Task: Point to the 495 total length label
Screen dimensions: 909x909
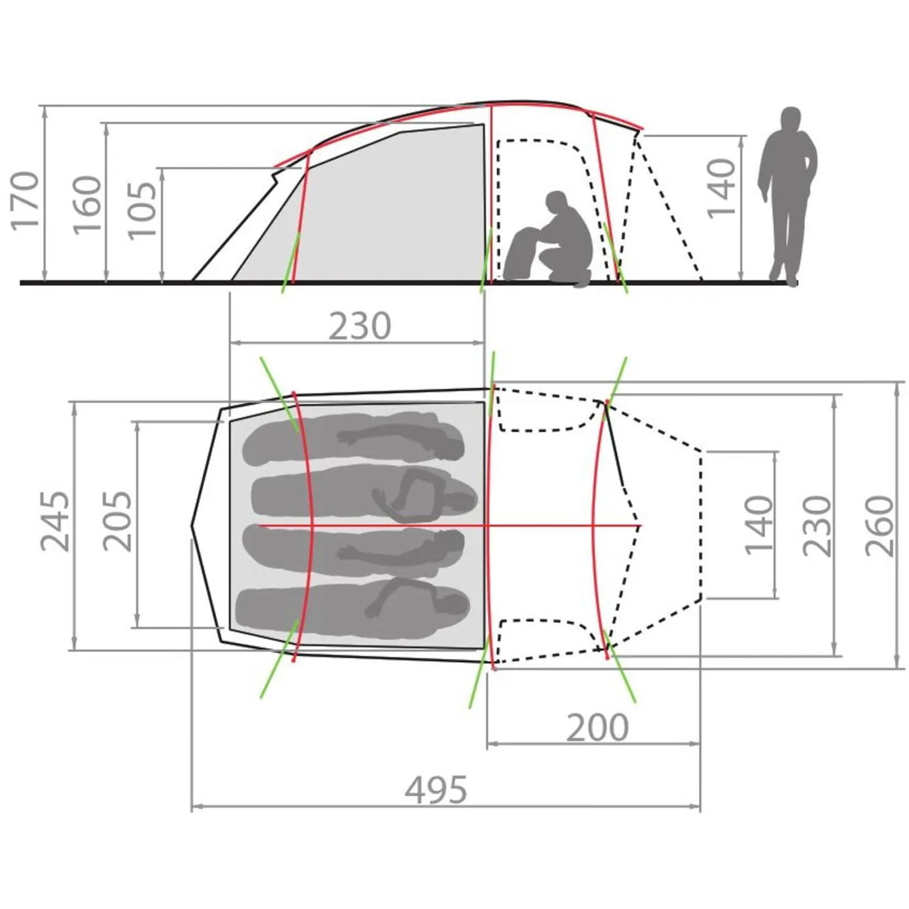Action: (436, 790)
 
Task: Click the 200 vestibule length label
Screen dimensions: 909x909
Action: (598, 727)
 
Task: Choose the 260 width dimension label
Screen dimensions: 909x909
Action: (879, 526)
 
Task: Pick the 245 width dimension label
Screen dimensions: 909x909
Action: (55, 522)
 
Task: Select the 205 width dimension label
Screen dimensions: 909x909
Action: (116, 522)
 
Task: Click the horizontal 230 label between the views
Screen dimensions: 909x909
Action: (360, 327)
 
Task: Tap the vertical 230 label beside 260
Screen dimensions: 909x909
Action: (817, 526)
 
